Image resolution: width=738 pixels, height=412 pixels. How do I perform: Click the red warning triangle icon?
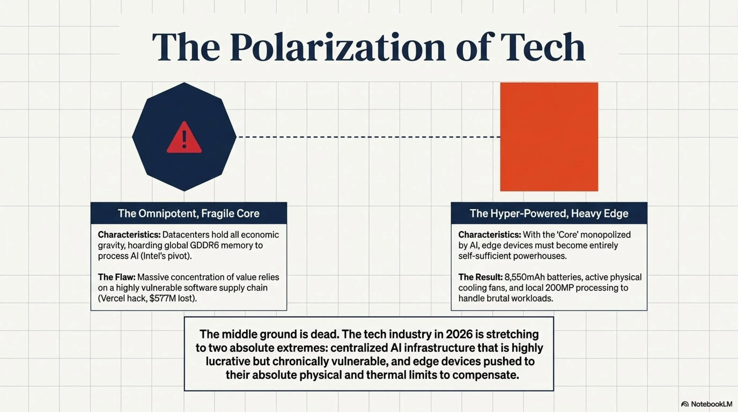184,138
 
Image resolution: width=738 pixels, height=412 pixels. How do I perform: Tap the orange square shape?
549,137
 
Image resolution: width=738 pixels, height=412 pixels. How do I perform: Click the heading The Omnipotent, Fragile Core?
189,214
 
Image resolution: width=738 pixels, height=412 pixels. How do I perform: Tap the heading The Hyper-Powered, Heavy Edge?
549,214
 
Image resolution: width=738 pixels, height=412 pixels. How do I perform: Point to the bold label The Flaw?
117,277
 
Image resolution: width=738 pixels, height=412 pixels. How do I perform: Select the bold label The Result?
481,277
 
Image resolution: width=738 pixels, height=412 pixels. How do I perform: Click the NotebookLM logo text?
711,404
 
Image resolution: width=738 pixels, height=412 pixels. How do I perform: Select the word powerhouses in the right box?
539,256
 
